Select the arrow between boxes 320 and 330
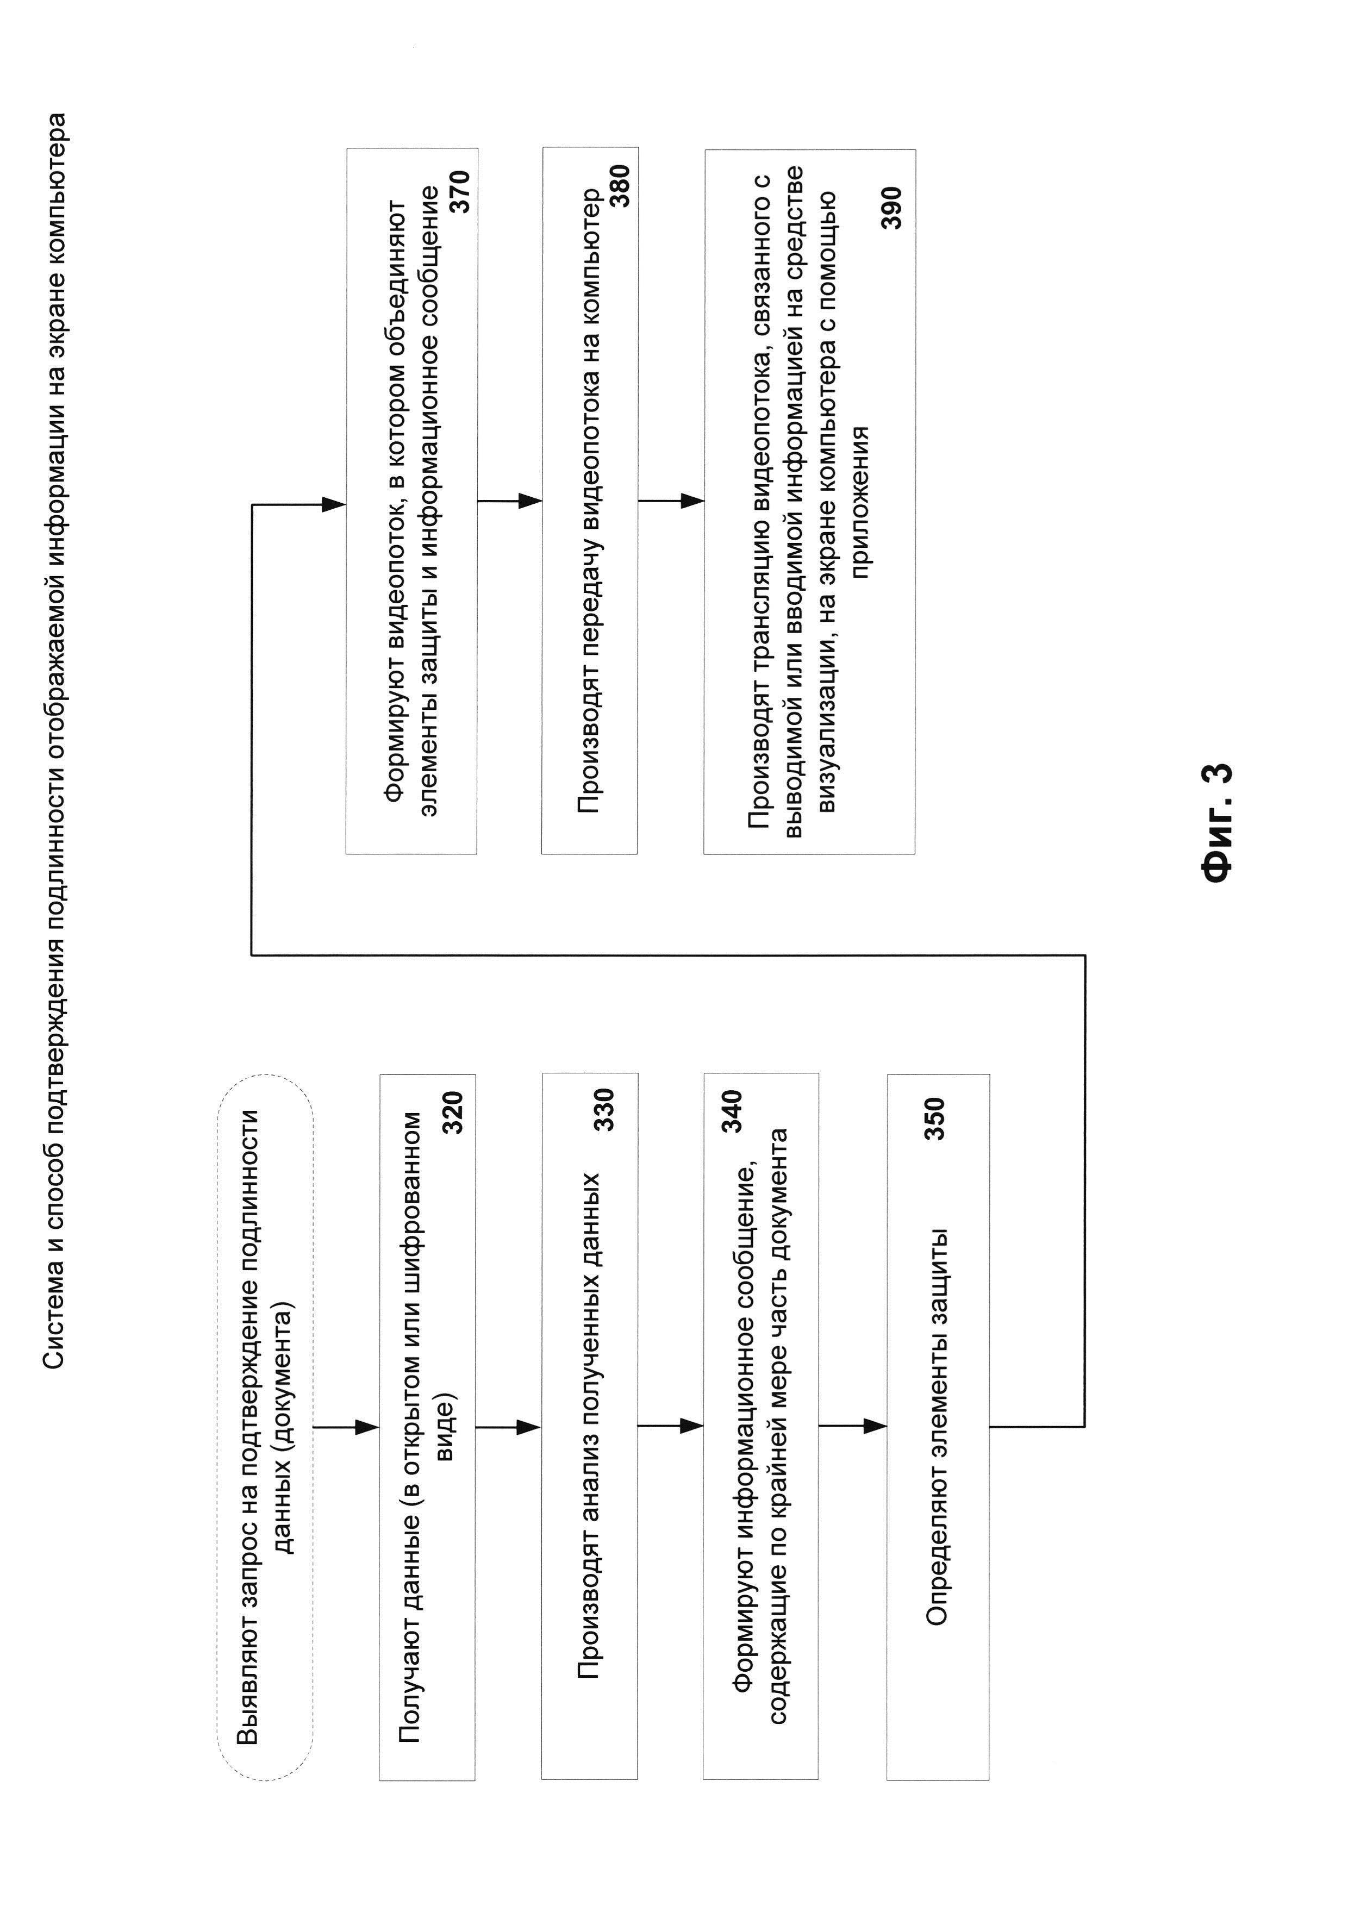click(x=508, y=1427)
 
